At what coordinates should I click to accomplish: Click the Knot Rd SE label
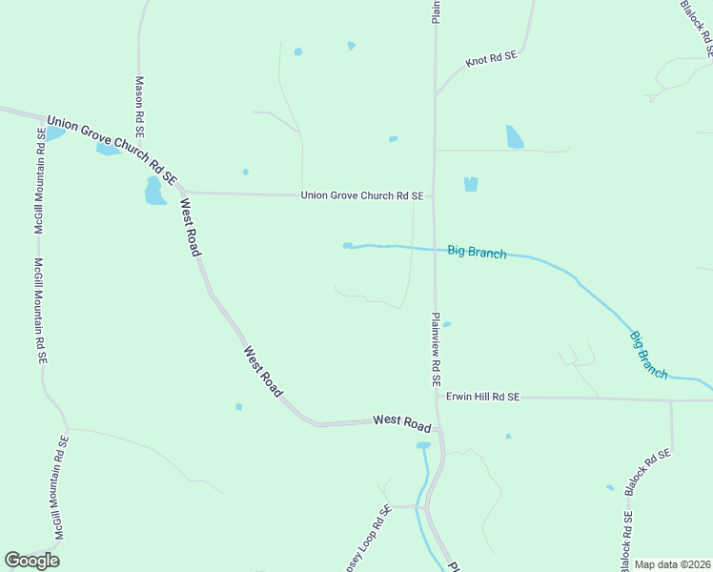point(491,59)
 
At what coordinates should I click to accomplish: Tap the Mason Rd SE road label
point(139,105)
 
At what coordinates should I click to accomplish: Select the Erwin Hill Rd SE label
point(482,396)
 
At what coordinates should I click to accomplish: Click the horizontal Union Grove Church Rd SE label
point(362,195)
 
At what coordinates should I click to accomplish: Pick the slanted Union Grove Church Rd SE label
point(112,149)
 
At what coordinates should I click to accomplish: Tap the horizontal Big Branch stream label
point(477,252)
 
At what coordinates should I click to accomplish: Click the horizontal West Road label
point(402,420)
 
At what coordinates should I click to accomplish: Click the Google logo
point(32,561)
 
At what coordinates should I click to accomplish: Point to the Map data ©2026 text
point(673,564)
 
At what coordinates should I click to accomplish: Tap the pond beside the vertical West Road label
point(154,192)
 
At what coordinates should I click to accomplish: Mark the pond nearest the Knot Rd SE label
point(515,136)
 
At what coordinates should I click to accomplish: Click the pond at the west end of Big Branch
point(348,246)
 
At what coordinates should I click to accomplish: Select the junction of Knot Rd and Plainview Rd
point(436,93)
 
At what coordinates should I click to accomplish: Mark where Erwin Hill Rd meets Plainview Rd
point(437,396)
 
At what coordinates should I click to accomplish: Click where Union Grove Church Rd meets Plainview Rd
point(435,195)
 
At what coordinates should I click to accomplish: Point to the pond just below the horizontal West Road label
point(423,445)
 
